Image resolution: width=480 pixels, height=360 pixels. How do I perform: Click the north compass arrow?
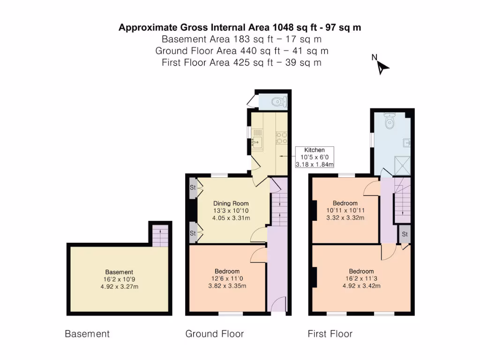point(383,67)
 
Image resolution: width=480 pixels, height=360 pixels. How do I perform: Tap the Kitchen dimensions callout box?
point(314,157)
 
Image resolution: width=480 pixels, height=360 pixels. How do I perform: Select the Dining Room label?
point(231,203)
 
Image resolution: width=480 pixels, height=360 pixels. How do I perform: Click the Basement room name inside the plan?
point(119,272)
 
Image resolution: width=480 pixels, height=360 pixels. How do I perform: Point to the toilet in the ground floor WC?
point(280,101)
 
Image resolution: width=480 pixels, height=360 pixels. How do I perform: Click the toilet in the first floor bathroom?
point(389,121)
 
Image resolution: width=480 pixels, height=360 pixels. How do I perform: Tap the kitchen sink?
point(257,140)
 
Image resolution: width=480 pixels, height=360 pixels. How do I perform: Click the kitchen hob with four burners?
point(281,138)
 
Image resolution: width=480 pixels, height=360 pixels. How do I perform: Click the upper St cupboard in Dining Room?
point(193,187)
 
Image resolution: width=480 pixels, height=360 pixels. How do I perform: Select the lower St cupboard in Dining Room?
point(193,233)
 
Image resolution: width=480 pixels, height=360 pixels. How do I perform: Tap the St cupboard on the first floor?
point(404,234)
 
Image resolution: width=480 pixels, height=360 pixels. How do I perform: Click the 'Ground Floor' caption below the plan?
point(215,334)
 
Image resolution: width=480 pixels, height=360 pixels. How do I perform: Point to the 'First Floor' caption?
point(330,334)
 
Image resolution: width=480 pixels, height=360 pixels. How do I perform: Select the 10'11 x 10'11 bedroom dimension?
point(345,210)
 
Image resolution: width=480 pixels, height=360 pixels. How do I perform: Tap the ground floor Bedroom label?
point(227,271)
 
